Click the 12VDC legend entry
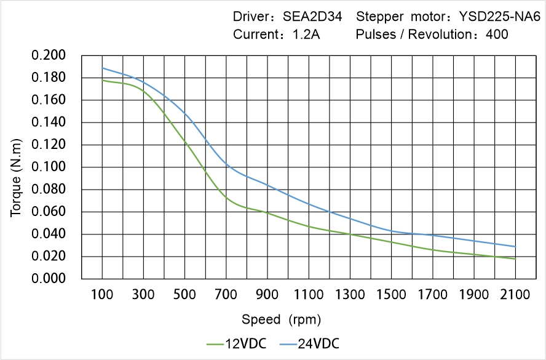[236, 343]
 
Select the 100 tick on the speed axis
[102, 295]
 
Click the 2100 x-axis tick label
[515, 295]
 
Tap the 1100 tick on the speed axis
[309, 295]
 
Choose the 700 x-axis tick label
[226, 295]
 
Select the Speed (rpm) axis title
[281, 320]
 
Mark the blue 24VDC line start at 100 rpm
[102, 68]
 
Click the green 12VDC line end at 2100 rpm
[515, 259]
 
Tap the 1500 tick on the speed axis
[391, 295]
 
